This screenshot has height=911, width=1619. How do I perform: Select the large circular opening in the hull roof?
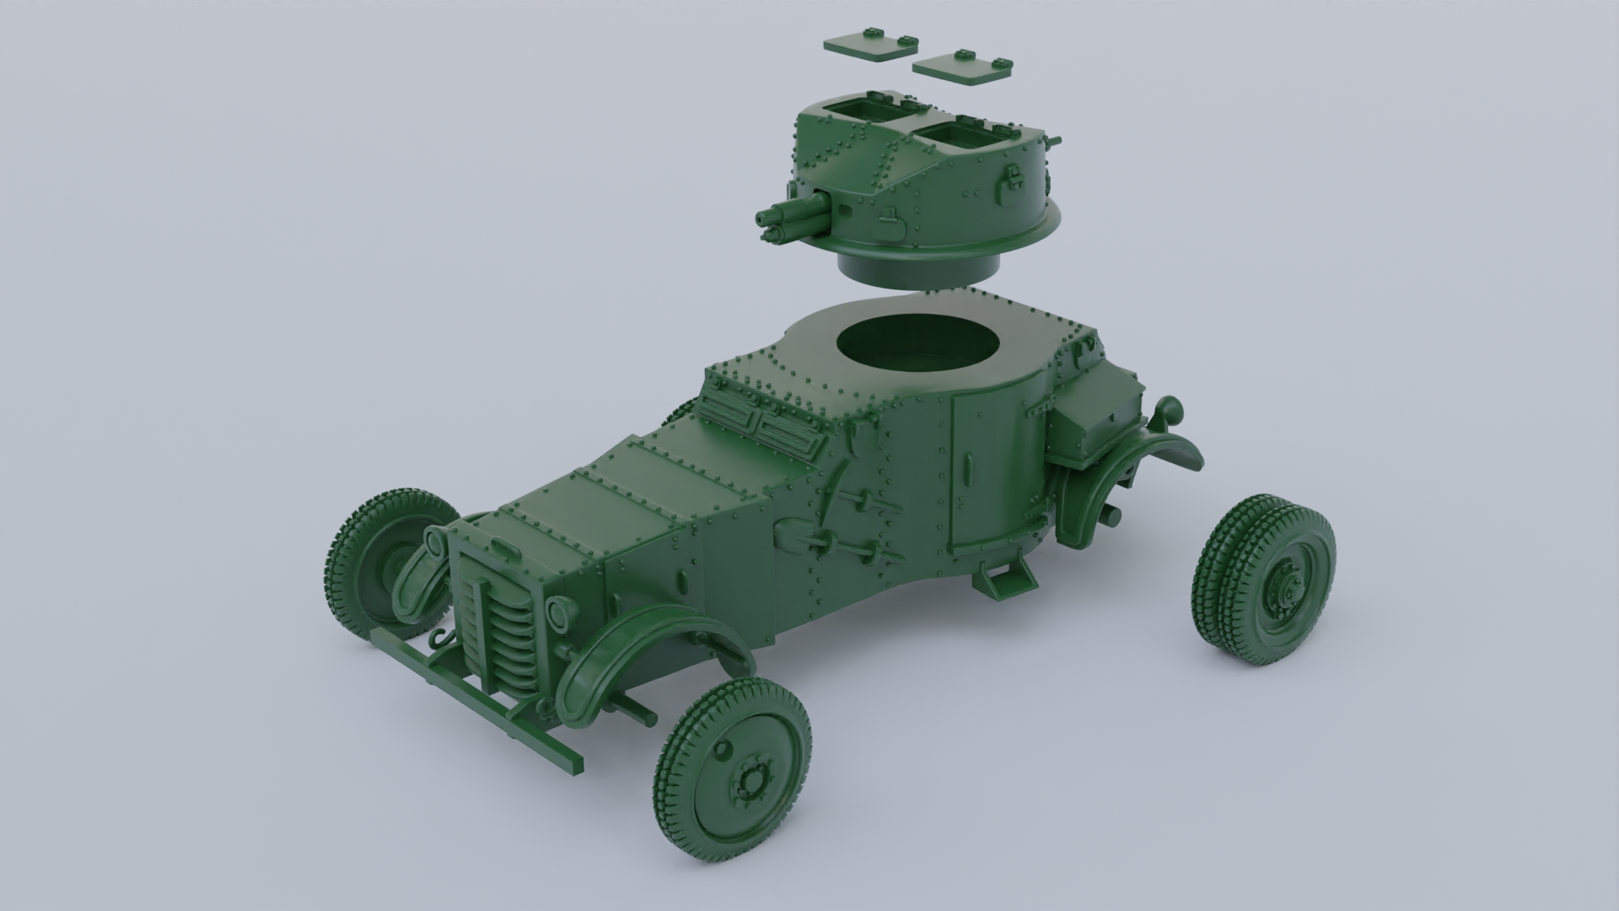[919, 347]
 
